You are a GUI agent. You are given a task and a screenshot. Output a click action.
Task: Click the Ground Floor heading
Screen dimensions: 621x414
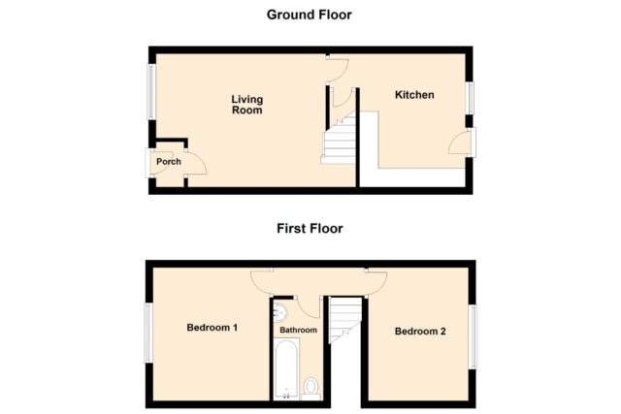tap(309, 16)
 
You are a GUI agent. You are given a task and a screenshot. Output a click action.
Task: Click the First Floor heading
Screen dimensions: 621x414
tap(310, 229)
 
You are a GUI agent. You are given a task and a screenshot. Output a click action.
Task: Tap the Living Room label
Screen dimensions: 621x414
tap(247, 105)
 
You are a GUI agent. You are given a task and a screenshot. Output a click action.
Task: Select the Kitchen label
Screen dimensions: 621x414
tap(414, 95)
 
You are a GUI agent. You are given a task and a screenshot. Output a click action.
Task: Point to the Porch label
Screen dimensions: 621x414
tap(169, 162)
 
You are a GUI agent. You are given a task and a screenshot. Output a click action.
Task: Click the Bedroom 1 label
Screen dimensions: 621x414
tap(212, 328)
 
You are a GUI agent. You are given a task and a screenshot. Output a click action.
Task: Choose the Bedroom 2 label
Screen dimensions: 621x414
tap(420, 332)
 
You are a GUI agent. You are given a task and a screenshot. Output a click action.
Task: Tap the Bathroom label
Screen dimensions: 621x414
tap(298, 330)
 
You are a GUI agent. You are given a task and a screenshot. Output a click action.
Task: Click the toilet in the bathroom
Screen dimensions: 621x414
tap(311, 388)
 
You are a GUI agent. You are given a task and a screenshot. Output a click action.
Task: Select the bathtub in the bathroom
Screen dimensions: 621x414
tap(286, 368)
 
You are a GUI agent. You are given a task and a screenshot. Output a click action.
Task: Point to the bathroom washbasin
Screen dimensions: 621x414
tap(280, 312)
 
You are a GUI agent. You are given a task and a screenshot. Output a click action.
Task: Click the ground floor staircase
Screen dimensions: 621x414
tap(339, 138)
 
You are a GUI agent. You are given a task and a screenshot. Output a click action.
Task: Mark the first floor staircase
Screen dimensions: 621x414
tap(345, 320)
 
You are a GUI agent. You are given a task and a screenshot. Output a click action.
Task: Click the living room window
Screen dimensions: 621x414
tap(151, 91)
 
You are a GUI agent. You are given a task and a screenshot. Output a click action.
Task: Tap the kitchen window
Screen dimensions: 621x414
tap(470, 98)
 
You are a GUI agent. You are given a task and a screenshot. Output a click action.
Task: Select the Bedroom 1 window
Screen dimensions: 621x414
tap(148, 333)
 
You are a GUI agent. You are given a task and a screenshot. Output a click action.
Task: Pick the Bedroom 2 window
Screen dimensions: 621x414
tap(473, 336)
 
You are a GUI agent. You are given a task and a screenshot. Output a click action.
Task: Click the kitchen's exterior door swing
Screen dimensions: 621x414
tap(458, 143)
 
